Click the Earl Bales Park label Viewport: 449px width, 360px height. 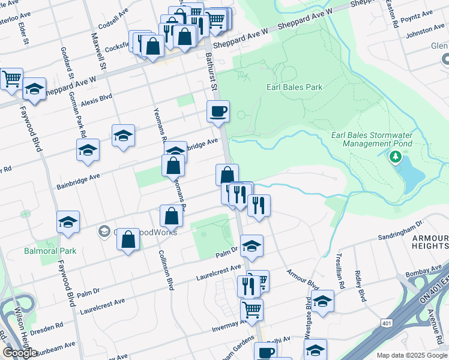[294, 87]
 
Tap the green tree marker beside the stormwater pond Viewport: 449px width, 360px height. [394, 157]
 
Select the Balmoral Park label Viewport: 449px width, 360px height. [50, 251]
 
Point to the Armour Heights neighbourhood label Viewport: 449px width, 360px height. [430, 242]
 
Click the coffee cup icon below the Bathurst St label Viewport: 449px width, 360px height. [218, 111]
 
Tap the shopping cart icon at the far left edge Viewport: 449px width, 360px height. [11, 79]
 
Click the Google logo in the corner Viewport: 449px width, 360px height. [20, 353]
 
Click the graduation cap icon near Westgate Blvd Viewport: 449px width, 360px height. [322, 301]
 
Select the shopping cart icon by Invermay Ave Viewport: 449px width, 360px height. [252, 310]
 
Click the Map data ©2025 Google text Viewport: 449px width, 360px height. [411, 355]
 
